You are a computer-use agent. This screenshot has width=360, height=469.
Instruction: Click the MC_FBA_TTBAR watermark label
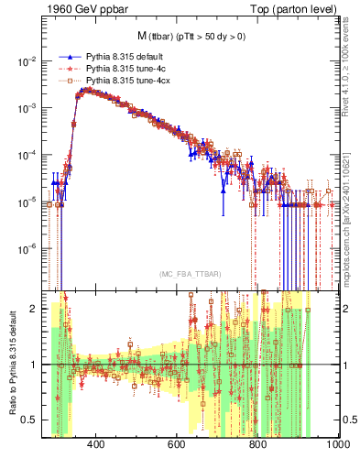point(191,275)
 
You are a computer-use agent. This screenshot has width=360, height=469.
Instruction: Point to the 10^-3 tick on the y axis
point(27,107)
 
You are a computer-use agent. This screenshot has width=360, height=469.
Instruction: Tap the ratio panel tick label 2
point(35,308)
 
